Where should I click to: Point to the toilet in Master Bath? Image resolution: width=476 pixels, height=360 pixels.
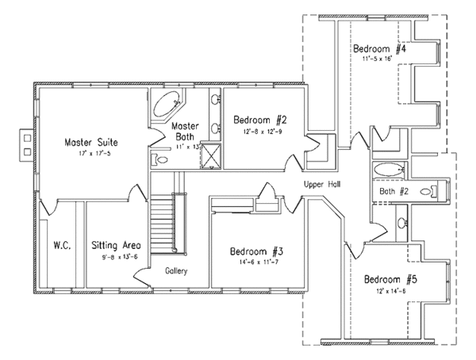point(161,159)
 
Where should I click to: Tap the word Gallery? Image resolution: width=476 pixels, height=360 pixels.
point(177,270)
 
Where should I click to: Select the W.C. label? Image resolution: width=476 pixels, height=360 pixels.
point(63,245)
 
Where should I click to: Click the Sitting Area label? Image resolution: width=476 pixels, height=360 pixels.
point(117,245)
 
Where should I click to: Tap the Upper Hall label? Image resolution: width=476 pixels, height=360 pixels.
point(322,184)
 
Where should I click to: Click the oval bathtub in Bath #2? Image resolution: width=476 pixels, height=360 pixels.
point(390,169)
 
